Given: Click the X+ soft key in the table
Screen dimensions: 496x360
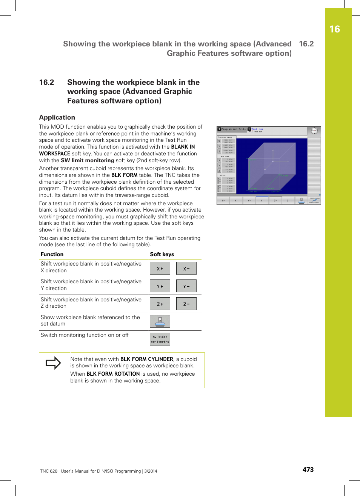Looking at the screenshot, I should click(160, 269).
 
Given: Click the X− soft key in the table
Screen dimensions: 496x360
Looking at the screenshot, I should click(186, 269).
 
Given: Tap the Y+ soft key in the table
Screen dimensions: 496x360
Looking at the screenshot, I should click(160, 286).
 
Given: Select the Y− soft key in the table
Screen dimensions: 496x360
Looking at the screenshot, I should click(186, 286).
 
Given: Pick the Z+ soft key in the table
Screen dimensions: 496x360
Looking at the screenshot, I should click(160, 304).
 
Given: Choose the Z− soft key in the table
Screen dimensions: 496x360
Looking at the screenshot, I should click(186, 304).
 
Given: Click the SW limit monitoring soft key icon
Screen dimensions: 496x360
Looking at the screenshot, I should click(160, 339).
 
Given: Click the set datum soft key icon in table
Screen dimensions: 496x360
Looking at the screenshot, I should click(160, 321).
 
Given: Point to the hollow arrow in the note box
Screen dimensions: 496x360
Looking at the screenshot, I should click(53, 363).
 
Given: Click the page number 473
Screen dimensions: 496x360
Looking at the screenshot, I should click(308, 470).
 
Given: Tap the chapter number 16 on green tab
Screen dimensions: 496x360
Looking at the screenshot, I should click(334, 29).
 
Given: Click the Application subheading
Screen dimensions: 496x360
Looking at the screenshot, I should click(57, 117).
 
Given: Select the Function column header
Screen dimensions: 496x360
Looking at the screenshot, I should click(52, 254).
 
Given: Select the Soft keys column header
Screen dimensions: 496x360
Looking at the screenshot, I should click(162, 254).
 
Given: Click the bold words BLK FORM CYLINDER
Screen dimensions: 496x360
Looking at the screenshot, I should click(147, 359).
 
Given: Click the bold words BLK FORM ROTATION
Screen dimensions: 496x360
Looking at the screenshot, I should click(113, 374).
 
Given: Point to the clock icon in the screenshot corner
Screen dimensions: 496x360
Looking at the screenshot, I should click(314, 131).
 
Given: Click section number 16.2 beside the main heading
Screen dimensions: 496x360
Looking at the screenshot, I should click(47, 82).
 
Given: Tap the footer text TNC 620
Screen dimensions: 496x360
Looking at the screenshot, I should click(49, 471).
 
